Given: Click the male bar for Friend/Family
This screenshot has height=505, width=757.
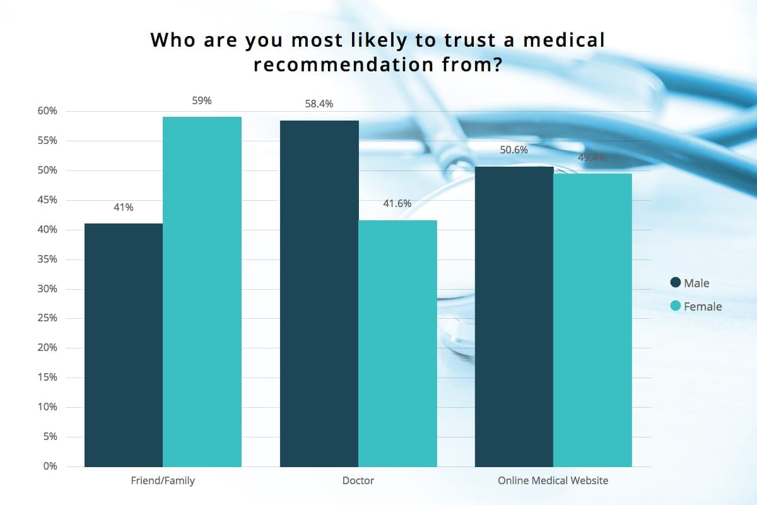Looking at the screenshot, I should [123, 345].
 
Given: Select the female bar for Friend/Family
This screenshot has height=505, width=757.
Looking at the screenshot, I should [202, 292].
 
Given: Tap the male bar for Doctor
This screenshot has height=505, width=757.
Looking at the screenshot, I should [319, 294].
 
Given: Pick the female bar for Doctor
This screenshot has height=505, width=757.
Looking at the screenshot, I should [397, 343].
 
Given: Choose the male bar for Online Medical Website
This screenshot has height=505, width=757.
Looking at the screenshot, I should [514, 316].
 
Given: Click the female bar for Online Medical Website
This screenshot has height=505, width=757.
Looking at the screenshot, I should [592, 320].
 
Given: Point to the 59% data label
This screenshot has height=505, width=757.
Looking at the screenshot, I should [202, 100].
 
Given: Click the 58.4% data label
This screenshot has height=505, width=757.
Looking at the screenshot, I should [319, 104].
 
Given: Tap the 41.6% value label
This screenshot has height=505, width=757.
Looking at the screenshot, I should [397, 204].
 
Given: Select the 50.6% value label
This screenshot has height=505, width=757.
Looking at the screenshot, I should [514, 150].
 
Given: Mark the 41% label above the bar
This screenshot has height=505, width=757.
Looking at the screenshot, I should [123, 207].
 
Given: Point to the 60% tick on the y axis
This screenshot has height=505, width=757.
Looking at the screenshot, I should [47, 111].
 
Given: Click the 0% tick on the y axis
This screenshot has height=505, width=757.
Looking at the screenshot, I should [50, 466].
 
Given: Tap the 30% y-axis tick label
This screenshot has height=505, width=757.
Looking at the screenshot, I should [47, 289].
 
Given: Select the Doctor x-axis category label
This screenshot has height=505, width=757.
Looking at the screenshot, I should [358, 481].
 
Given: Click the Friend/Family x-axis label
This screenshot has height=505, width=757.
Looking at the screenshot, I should [162, 481].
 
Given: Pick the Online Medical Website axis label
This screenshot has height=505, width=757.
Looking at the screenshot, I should [553, 481].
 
